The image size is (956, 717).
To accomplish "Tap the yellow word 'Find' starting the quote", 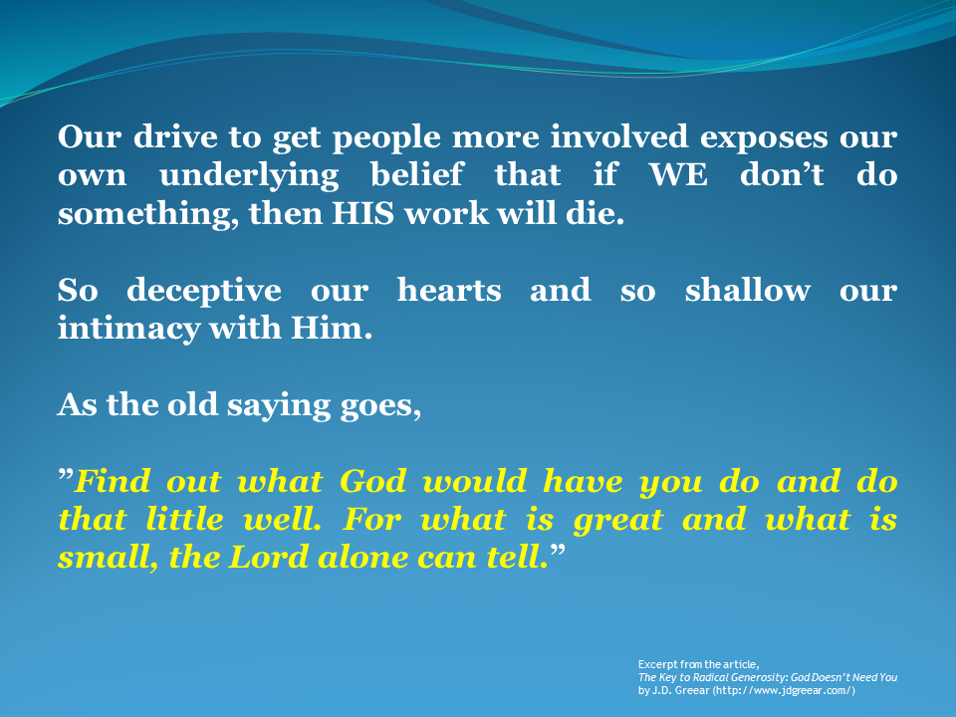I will click(111, 482).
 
